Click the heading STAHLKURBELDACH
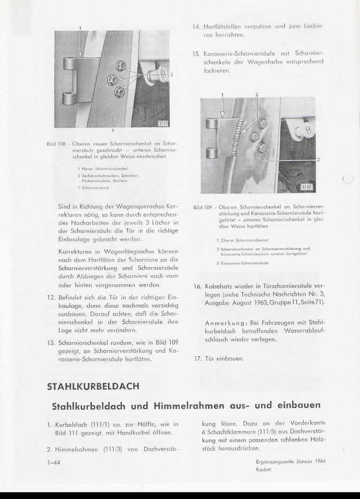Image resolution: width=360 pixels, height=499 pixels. click(93, 386)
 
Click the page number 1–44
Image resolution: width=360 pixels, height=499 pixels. click(54, 462)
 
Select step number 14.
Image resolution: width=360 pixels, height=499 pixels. click(196, 26)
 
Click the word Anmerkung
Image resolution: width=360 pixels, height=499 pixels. click(224, 323)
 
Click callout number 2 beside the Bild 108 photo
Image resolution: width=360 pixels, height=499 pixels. click(172, 74)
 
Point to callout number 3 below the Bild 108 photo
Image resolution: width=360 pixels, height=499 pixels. click(112, 130)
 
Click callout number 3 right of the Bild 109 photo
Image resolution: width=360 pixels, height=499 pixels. click(318, 160)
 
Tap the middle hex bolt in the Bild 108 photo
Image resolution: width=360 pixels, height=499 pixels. click(113, 79)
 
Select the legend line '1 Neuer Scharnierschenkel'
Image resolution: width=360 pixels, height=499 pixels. click(103, 167)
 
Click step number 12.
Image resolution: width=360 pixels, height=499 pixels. click(52, 297)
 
